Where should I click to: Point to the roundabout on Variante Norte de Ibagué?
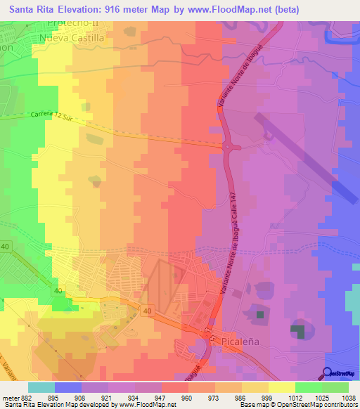tap(231, 147)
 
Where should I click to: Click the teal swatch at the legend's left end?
tap(41, 387)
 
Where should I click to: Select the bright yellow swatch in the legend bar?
tap(282, 387)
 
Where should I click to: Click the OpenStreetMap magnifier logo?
tap(327, 372)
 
